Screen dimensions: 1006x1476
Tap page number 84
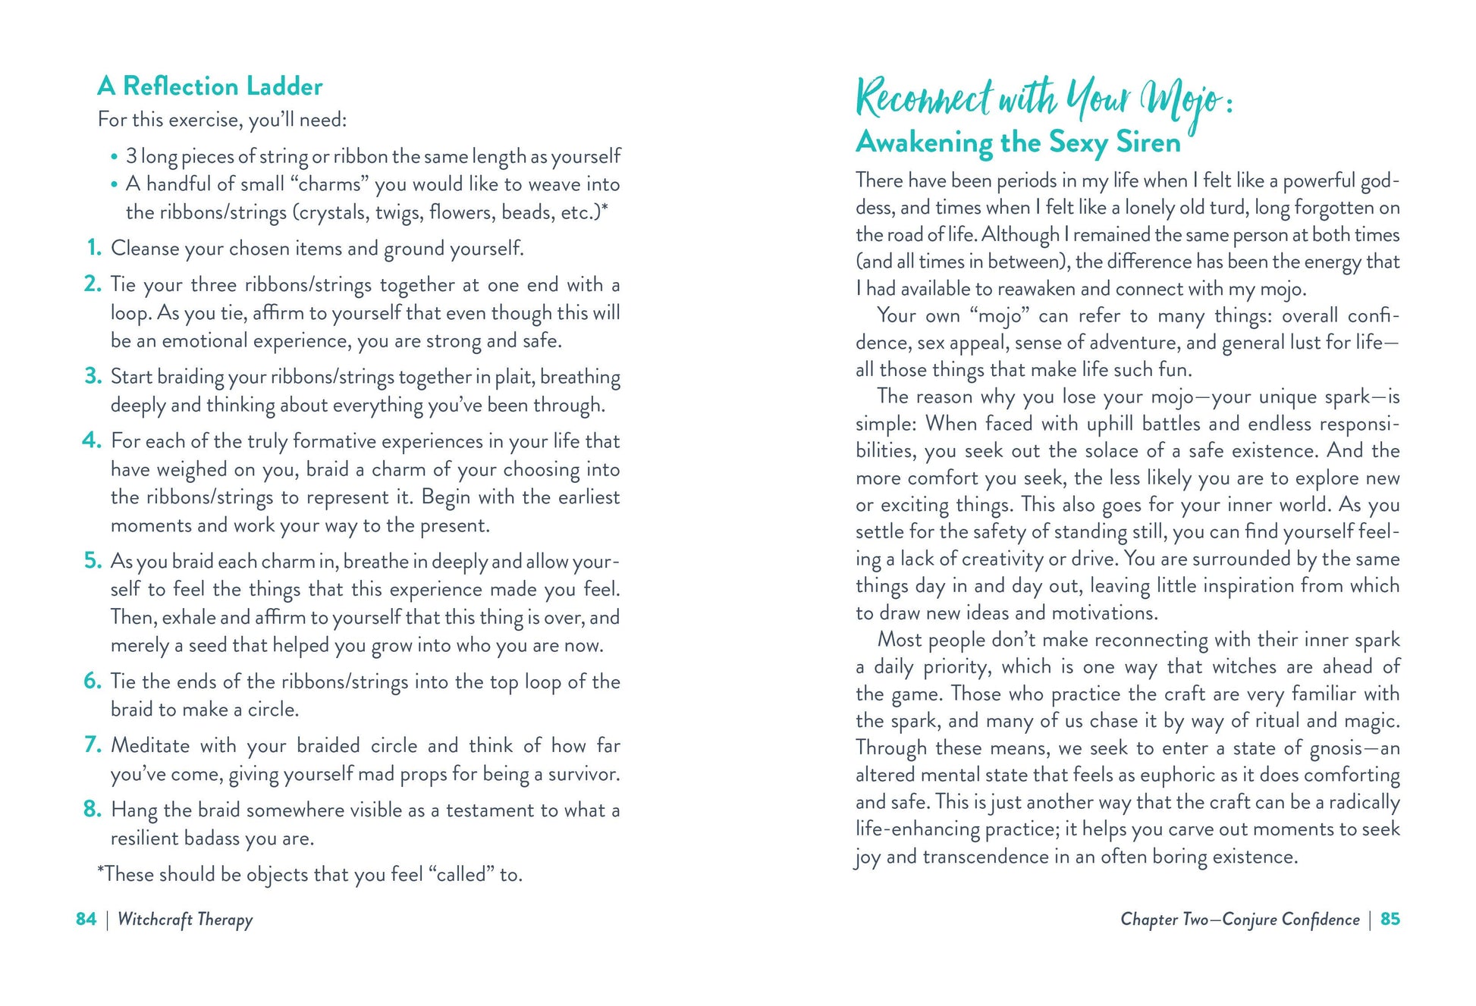(x=86, y=919)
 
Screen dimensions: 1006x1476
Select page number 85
(x=1390, y=919)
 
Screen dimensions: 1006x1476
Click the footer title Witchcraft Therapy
(x=185, y=920)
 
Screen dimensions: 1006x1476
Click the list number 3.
(x=93, y=376)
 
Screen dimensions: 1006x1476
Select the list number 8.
(x=92, y=809)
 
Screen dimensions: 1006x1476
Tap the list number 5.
(x=93, y=560)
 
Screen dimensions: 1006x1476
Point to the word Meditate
(x=150, y=745)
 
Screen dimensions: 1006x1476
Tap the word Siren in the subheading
(x=1148, y=143)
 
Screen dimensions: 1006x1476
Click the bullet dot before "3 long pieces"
(x=115, y=158)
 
